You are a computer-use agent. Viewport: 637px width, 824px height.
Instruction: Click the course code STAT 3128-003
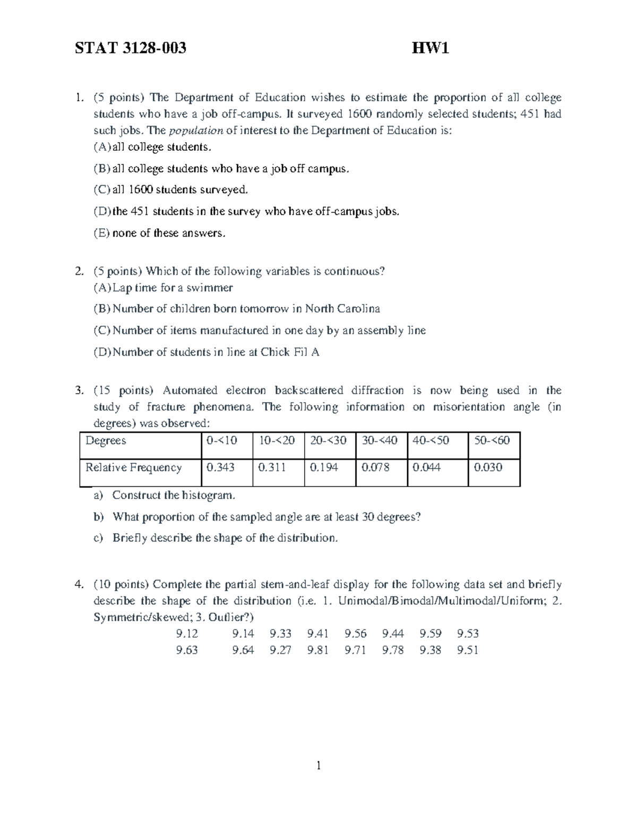click(x=131, y=49)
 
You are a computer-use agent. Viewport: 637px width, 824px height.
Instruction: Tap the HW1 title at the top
click(x=431, y=49)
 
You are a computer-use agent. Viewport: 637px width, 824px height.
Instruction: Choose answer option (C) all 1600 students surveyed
click(x=171, y=189)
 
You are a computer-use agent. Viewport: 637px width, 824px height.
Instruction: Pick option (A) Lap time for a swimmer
click(x=163, y=288)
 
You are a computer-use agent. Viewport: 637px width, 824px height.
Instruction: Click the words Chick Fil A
click(x=290, y=352)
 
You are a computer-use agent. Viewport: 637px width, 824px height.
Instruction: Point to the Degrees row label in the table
click(x=106, y=441)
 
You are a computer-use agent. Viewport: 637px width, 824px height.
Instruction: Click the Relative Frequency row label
click(x=133, y=467)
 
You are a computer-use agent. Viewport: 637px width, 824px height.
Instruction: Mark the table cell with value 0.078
click(x=375, y=467)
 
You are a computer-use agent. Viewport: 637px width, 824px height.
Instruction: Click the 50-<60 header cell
click(x=492, y=441)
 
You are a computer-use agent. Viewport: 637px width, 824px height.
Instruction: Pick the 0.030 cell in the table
click(x=488, y=467)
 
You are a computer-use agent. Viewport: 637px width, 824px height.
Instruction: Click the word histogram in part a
click(x=208, y=496)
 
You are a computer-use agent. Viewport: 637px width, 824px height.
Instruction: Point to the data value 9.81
click(x=318, y=650)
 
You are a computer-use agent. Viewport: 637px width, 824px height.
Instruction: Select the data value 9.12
click(x=187, y=634)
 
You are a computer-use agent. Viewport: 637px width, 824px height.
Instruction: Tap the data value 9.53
click(x=468, y=634)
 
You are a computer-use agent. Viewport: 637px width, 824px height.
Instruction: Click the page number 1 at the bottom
click(x=318, y=765)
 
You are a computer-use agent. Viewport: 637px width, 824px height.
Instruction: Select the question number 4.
click(x=79, y=585)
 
